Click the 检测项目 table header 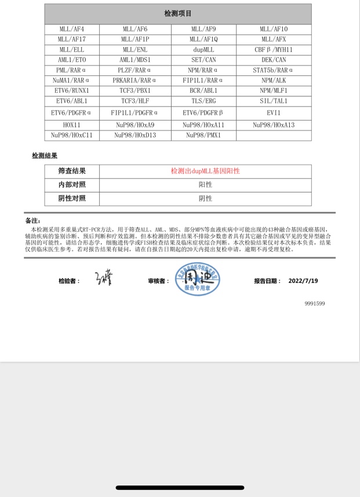point(178,13)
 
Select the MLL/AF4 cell point(72,29)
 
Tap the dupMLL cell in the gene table point(205,50)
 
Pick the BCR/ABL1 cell point(204,91)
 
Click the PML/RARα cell point(72,70)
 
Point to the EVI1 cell point(274,113)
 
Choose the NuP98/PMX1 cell point(204,135)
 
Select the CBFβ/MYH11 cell point(274,50)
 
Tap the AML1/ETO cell point(72,60)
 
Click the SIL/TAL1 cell point(274,101)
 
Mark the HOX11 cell point(72,125)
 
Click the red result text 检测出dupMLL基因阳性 point(205,171)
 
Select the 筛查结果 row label point(72,171)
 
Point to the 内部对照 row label point(72,184)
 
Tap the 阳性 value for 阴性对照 point(205,198)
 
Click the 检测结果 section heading point(45,156)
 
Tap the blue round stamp point(198,280)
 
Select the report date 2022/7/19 point(303,281)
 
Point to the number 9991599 point(315,303)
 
